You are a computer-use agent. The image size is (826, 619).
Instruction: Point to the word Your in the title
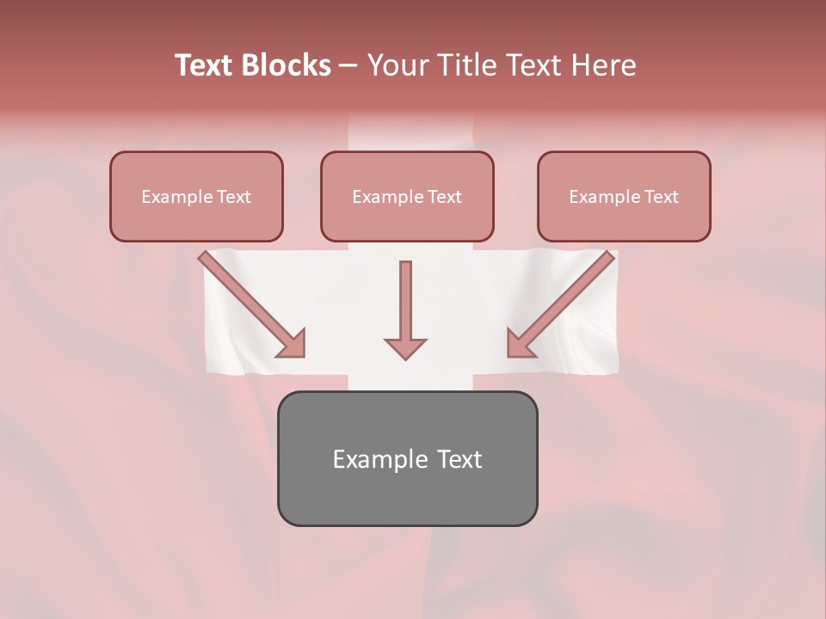point(398,65)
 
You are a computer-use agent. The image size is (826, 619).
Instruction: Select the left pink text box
point(196,196)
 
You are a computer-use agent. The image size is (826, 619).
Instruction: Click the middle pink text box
point(407,196)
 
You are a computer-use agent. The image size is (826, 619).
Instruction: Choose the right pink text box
point(624,196)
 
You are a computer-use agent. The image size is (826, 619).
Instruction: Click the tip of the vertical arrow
point(405,357)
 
